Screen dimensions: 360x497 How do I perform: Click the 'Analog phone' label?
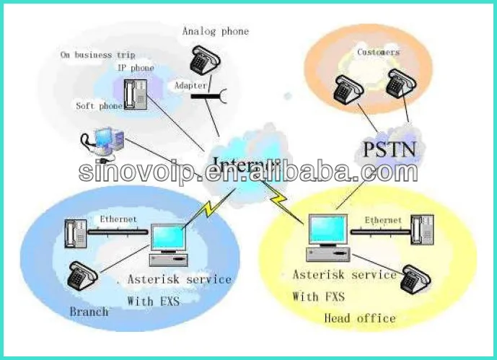pyautogui.click(x=215, y=31)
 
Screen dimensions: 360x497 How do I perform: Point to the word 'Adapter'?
pyautogui.click(x=190, y=85)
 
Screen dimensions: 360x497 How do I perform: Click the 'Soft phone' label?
pyautogui.click(x=99, y=105)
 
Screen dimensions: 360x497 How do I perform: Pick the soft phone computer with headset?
pyautogui.click(x=104, y=141)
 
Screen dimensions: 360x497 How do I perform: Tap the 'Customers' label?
pyautogui.click(x=378, y=52)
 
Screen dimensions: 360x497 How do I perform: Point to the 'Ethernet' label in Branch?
pyautogui.click(x=118, y=218)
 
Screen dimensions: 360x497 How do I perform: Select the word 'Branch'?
pyautogui.click(x=89, y=312)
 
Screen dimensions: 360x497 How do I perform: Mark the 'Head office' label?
pyautogui.click(x=359, y=317)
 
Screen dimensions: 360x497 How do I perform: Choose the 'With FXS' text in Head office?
pyautogui.click(x=318, y=297)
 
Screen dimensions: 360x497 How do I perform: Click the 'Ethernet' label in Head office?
pyautogui.click(x=383, y=219)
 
